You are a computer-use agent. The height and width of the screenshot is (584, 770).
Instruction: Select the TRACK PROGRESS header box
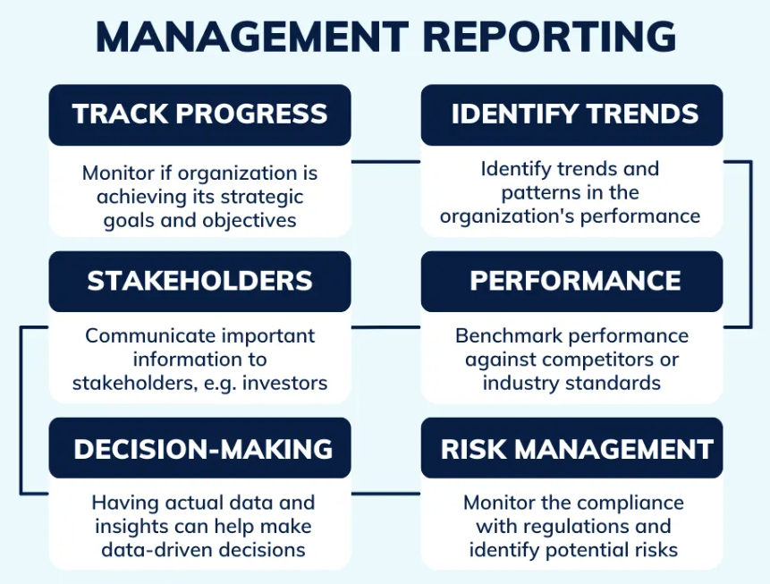[x=199, y=114]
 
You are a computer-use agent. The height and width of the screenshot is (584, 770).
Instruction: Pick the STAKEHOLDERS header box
[x=199, y=281]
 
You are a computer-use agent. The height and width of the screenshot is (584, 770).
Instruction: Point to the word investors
[x=287, y=383]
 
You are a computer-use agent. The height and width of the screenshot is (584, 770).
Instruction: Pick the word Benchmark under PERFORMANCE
[x=506, y=336]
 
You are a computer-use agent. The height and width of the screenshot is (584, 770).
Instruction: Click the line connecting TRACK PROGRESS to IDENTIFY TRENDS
[x=385, y=163]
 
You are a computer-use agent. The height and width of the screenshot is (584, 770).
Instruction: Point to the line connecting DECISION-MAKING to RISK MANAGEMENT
[x=385, y=493]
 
